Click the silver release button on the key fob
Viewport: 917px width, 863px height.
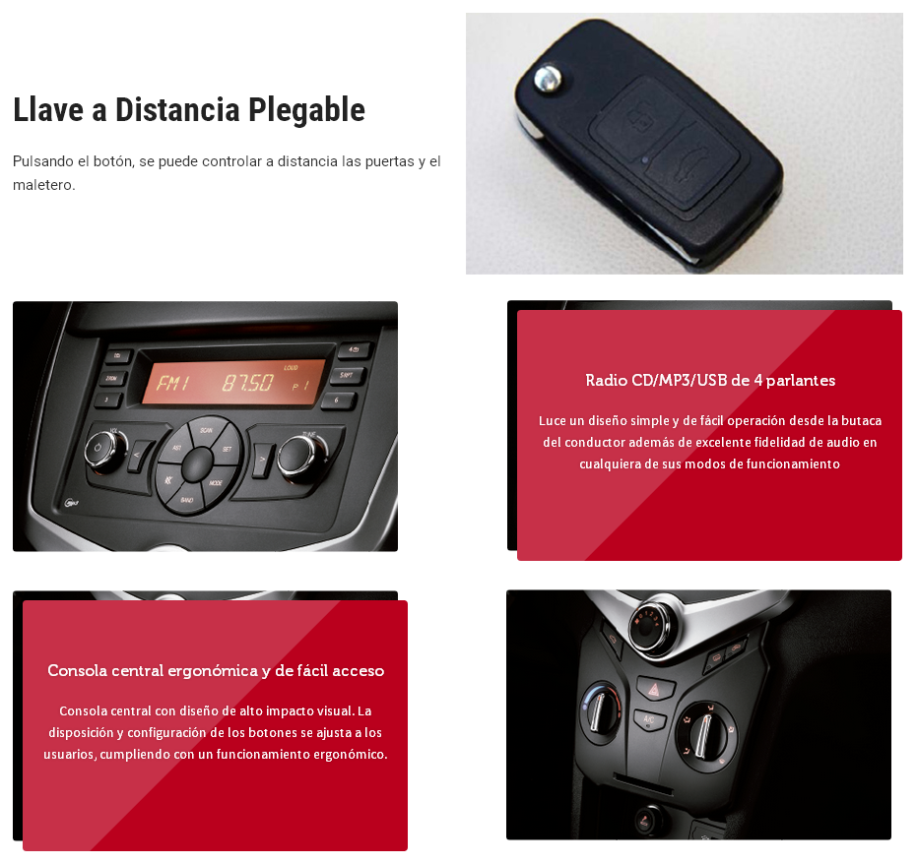click(548, 78)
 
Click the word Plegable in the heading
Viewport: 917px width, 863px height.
click(306, 110)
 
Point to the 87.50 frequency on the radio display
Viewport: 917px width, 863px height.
click(247, 383)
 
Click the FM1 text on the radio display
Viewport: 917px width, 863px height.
click(173, 383)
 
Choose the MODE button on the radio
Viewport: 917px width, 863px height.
click(216, 481)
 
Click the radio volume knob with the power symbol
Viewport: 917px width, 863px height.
click(104, 451)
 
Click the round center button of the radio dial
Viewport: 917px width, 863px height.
click(197, 465)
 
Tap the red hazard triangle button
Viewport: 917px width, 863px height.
click(653, 690)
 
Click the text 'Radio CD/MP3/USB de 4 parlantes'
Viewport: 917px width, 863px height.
click(710, 381)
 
